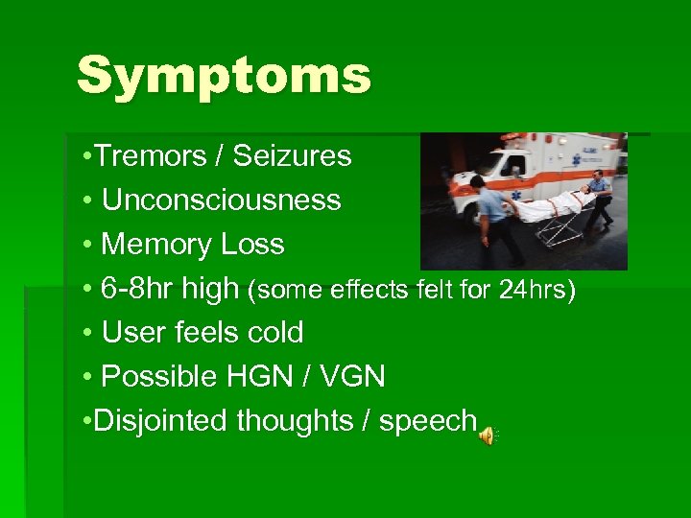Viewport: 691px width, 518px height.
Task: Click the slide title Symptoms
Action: (x=223, y=76)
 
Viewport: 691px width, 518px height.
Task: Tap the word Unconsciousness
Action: (x=221, y=200)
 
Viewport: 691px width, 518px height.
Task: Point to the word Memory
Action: (x=156, y=244)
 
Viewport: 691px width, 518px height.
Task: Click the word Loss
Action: (x=252, y=244)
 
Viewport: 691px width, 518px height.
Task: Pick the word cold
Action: (x=274, y=332)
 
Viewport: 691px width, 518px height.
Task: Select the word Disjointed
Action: (x=161, y=420)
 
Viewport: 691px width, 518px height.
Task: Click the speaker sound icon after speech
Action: (x=488, y=436)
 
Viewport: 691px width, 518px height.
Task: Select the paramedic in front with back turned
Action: (x=493, y=216)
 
